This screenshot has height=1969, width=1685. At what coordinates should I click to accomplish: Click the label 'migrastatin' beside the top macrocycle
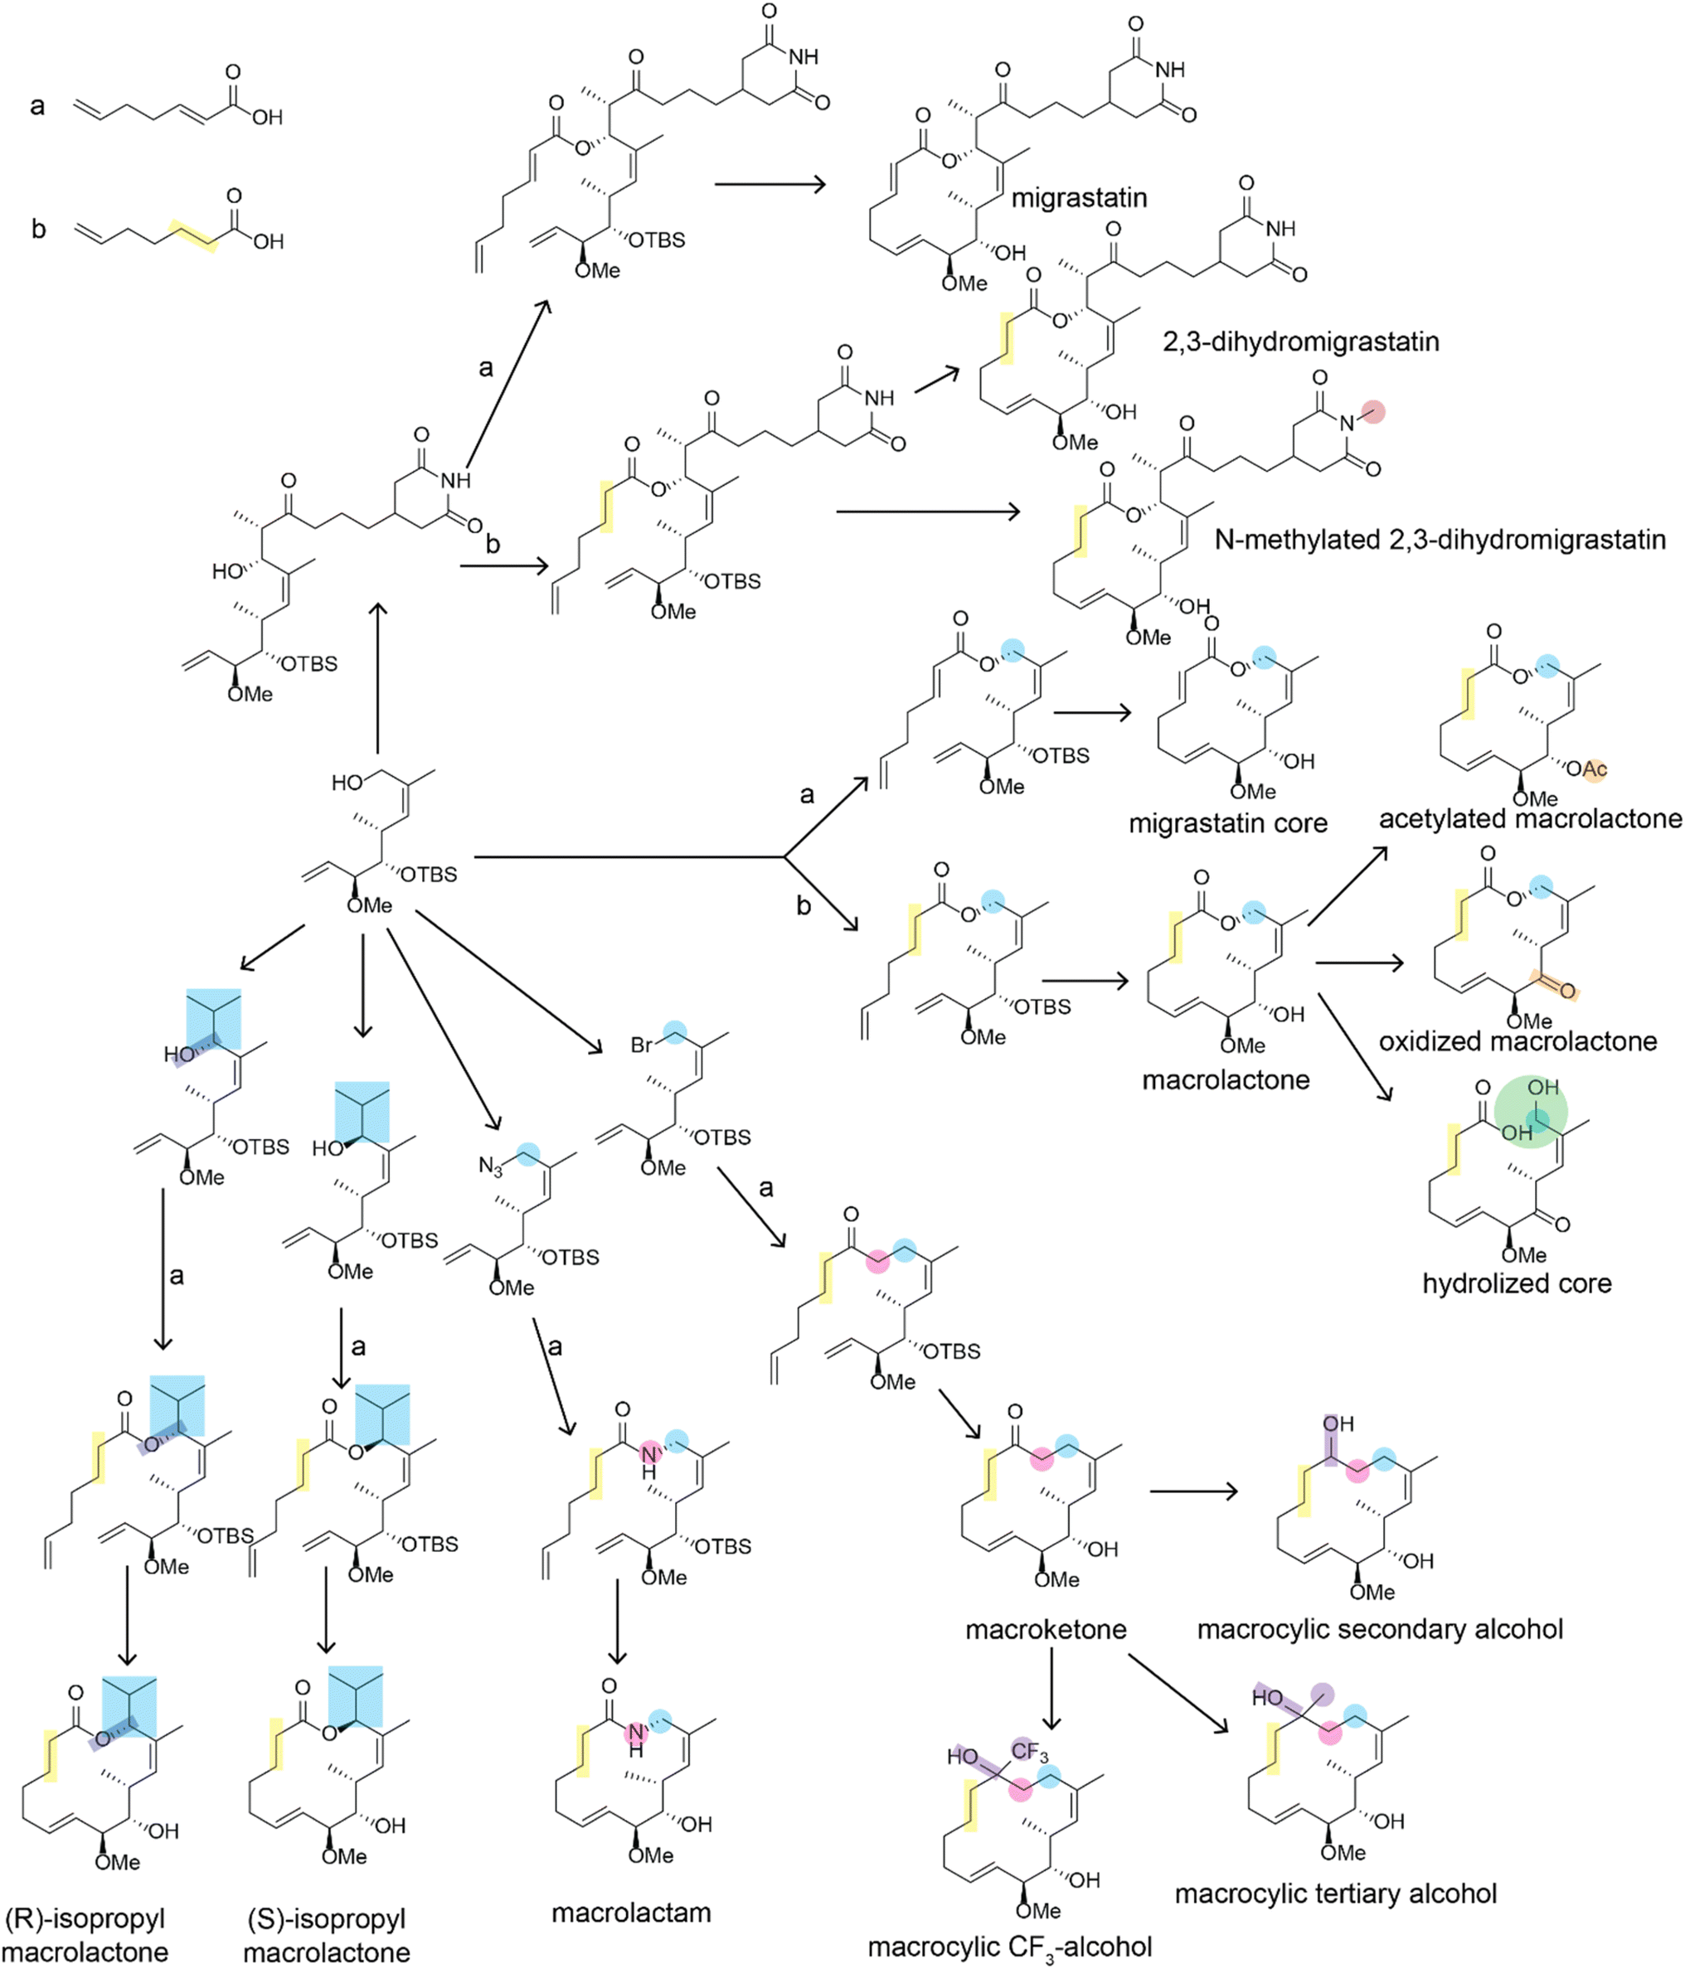click(x=1079, y=197)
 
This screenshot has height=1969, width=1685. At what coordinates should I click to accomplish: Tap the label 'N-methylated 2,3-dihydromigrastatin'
click(x=1439, y=540)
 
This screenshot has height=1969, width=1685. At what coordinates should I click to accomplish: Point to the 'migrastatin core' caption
click(x=1227, y=823)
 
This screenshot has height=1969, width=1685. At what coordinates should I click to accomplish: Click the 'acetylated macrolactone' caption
click(x=1529, y=818)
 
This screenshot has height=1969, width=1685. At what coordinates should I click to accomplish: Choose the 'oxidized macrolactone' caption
click(x=1517, y=1041)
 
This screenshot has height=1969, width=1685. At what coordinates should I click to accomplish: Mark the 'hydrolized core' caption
click(x=1516, y=1283)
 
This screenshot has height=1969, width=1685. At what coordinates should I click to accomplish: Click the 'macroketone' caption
click(x=1046, y=1630)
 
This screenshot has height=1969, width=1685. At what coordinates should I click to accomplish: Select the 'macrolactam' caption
click(x=631, y=1912)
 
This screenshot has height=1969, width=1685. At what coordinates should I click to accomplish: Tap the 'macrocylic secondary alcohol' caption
click(x=1379, y=1629)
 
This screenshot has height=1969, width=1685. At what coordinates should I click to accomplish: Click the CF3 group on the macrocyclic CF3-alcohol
click(x=1029, y=1750)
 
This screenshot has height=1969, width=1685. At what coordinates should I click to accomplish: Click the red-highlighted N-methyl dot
click(x=1372, y=411)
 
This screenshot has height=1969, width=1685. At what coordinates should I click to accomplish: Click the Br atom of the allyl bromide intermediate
click(x=643, y=1045)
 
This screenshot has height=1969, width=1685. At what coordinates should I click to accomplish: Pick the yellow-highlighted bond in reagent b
click(x=194, y=235)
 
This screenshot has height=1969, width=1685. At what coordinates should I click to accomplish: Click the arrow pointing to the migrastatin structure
click(x=770, y=184)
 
